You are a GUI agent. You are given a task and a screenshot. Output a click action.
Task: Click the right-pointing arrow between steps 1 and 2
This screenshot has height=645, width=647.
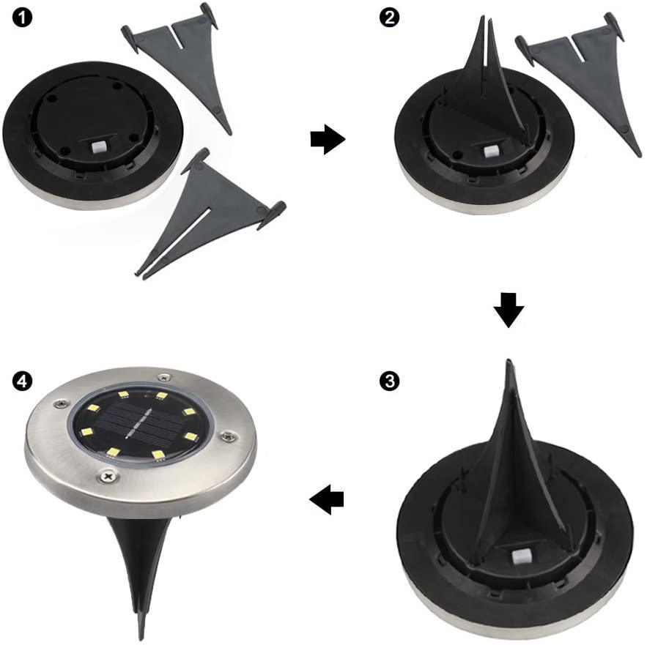point(327,140)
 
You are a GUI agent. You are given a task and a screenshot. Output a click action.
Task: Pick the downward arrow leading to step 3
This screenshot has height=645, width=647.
point(509,310)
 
